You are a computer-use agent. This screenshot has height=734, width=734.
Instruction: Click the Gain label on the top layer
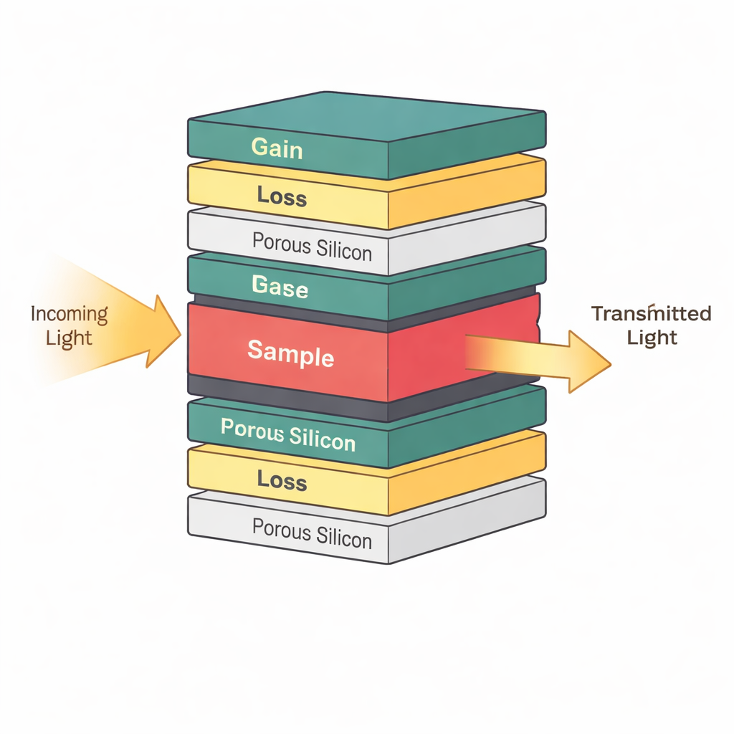tap(277, 148)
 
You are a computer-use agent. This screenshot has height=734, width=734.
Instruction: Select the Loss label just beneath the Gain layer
tap(281, 196)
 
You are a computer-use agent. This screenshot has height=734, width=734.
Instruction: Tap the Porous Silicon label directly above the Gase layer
tap(312, 247)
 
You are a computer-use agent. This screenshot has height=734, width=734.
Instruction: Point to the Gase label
tap(280, 288)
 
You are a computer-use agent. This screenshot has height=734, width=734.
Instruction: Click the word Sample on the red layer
tap(290, 353)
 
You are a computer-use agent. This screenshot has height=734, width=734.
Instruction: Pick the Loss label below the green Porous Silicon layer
tap(281, 480)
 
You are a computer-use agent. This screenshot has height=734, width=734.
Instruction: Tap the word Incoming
tap(69, 315)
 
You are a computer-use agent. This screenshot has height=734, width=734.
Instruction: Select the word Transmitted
tap(651, 314)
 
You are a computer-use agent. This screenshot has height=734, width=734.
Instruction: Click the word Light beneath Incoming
tap(69, 338)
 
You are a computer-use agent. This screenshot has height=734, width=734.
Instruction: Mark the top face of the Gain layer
tap(366, 115)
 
